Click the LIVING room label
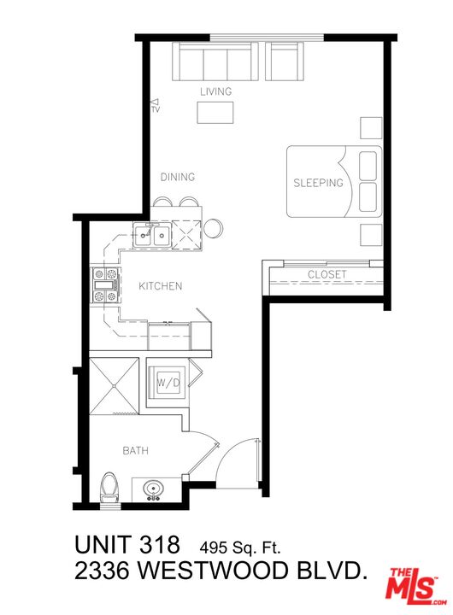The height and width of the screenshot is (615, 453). [216, 91]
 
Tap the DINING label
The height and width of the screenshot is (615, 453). [178, 178]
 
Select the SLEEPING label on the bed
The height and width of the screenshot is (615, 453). [318, 183]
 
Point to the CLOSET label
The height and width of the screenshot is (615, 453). [327, 274]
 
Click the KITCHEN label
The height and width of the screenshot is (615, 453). [161, 286]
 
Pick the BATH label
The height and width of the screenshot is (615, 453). [135, 451]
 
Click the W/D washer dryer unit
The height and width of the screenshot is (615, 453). [168, 382]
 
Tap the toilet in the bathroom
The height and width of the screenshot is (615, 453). [109, 488]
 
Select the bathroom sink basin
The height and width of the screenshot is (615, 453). [154, 489]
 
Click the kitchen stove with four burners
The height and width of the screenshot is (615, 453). [105, 285]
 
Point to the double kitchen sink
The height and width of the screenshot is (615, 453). [151, 235]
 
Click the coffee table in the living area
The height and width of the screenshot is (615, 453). [215, 113]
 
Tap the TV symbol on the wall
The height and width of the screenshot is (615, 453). [156, 106]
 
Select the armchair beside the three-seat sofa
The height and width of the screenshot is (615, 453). [285, 61]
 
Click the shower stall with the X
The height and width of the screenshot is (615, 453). [114, 385]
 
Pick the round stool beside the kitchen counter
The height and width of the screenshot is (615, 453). [214, 228]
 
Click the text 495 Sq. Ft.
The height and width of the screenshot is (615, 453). [240, 547]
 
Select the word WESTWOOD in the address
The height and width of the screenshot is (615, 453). [214, 571]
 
